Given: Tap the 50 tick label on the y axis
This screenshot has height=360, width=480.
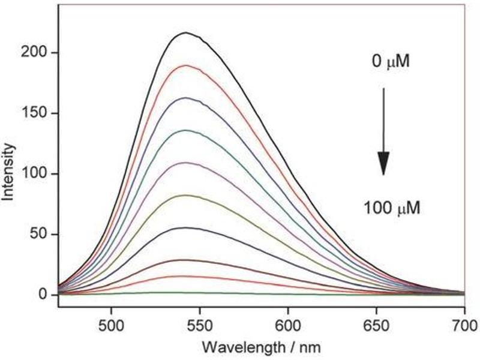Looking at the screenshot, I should [x=43, y=234].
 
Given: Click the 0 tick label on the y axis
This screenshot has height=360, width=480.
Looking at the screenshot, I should [x=46, y=295].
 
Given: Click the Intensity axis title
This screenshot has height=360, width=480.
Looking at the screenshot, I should [x=11, y=174].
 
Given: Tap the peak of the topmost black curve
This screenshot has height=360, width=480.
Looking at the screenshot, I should [x=187, y=32].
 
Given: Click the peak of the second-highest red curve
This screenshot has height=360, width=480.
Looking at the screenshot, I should [x=187, y=65].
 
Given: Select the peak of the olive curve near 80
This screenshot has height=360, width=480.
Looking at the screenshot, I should [x=187, y=195].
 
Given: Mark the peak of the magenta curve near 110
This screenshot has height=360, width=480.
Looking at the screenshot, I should [x=187, y=163].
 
